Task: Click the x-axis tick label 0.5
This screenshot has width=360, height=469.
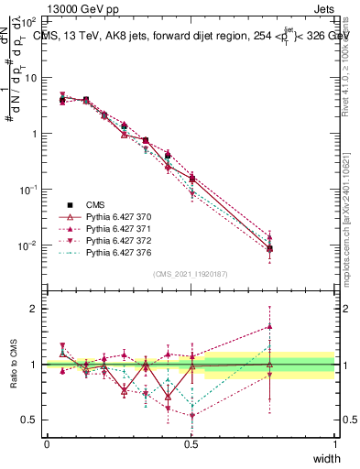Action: (x=191, y=443)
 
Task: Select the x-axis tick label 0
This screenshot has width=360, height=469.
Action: (x=47, y=443)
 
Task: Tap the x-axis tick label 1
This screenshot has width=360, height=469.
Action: (x=334, y=443)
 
